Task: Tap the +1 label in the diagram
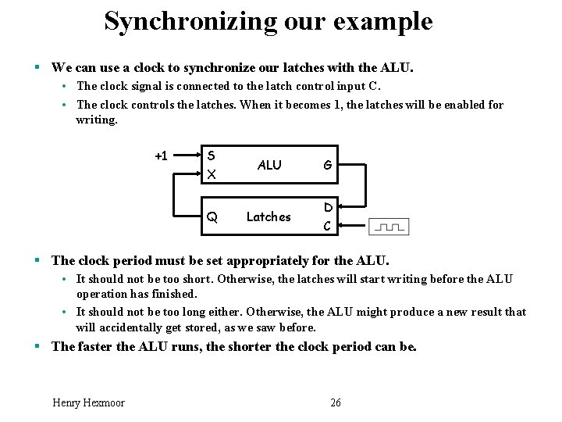[161, 155]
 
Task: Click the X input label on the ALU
[211, 174]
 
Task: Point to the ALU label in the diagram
[269, 165]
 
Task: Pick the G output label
[328, 165]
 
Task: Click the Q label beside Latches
[212, 217]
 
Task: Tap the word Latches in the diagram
[269, 217]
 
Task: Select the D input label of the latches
[329, 207]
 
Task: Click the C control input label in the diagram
[328, 226]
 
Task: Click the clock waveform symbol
[389, 227]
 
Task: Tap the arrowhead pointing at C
[346, 227]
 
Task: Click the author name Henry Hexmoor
[88, 402]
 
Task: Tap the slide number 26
[336, 402]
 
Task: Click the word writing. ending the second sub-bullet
[96, 120]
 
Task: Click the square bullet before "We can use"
[40, 68]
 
